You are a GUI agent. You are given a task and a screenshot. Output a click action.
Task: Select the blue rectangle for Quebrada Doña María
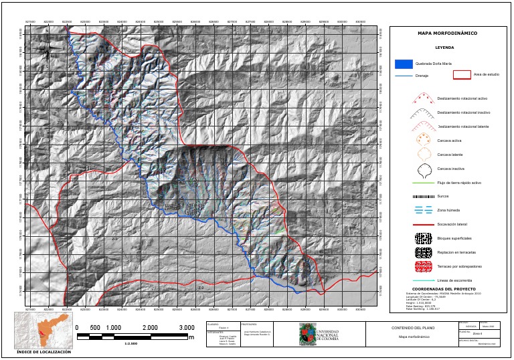tap(403, 64)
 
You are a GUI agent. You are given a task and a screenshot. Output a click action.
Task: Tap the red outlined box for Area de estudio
tap(462, 75)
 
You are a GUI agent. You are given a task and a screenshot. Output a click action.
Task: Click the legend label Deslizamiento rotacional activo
tap(462, 98)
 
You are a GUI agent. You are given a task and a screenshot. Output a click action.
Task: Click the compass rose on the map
tap(47, 49)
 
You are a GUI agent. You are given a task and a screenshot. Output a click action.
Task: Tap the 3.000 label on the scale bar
tap(186, 327)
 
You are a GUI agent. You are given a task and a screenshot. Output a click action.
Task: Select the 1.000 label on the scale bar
tap(113, 327)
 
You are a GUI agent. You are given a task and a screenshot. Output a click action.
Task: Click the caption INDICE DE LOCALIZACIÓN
tap(44, 351)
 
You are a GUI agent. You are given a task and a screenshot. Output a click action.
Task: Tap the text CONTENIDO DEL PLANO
tap(414, 328)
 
